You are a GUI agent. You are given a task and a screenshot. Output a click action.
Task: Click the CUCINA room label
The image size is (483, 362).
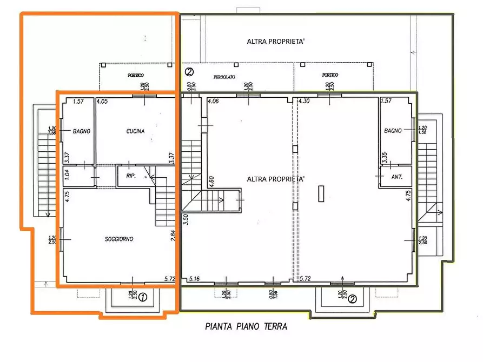pos(135,131)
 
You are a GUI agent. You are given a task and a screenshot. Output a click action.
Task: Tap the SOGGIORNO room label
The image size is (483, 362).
pos(120,239)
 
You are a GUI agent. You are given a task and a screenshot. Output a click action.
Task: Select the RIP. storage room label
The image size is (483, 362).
pos(130,176)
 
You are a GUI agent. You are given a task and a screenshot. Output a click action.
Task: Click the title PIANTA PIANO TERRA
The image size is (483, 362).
pos(246,326)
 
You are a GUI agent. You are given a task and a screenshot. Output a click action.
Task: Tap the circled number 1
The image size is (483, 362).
pos(142,297)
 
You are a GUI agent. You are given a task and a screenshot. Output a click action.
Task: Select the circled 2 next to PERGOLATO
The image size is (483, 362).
pos(189,71)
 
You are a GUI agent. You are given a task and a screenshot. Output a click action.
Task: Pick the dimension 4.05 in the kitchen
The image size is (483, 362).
pos(102,101)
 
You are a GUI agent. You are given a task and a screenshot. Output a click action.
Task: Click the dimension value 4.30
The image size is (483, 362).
pos(305,101)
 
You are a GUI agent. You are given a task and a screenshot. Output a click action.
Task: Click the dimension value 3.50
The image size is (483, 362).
pos(186,219)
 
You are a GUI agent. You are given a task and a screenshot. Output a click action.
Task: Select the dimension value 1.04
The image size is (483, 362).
pos(68,174)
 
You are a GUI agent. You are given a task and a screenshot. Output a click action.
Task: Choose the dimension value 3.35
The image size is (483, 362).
pos(383,157)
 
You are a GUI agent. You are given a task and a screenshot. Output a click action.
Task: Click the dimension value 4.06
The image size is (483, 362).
pos(213,101)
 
